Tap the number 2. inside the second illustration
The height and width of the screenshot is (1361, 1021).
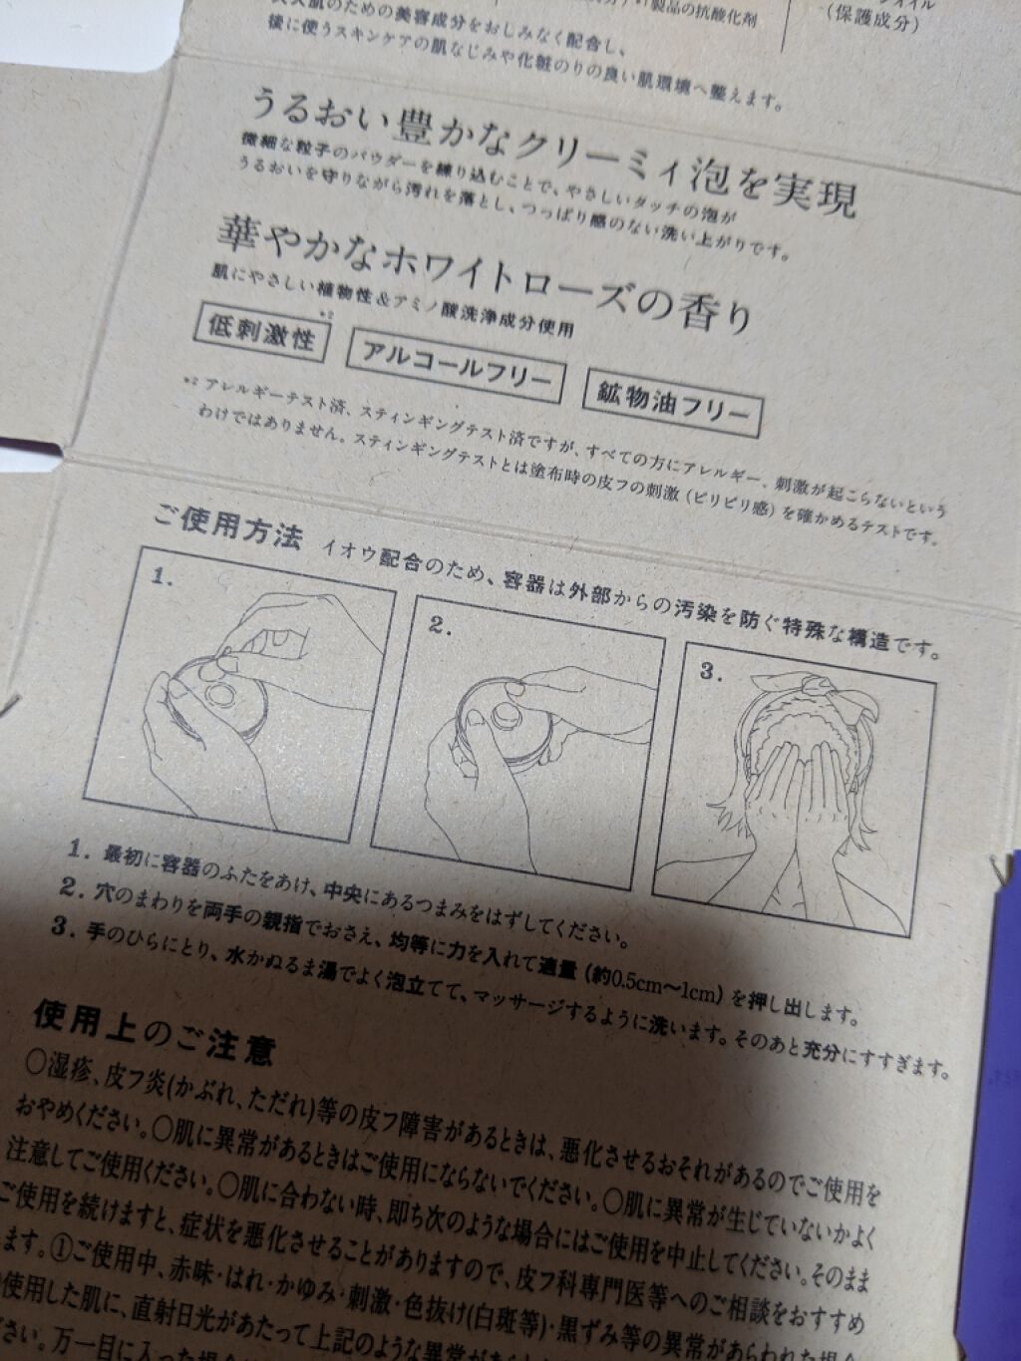pos(441,625)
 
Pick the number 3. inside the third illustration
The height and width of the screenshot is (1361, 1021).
pos(709,672)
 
